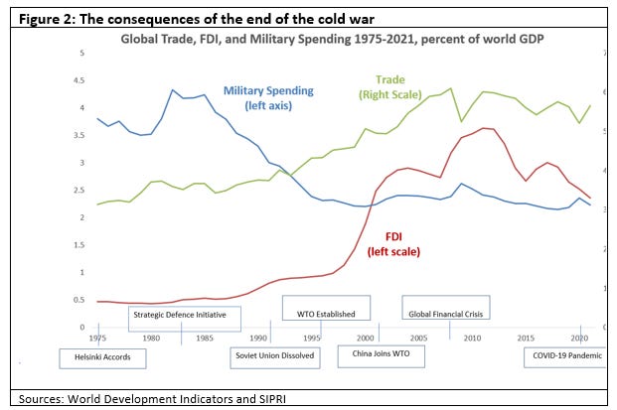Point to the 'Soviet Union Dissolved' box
275,355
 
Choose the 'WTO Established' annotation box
326,314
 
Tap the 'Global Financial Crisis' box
446,314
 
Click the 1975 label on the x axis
98,338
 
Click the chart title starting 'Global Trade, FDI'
338,39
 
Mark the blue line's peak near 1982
173,90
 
